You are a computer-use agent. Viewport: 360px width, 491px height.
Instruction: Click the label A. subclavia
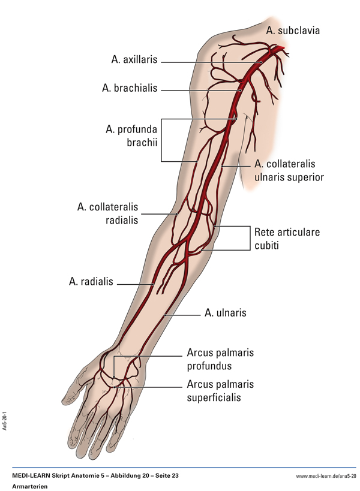click(x=293, y=30)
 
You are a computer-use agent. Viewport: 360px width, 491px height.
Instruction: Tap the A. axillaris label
click(x=134, y=60)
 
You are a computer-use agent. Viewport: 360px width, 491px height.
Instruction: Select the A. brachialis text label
click(x=130, y=88)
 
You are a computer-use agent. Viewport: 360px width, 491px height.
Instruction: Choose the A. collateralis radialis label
click(x=107, y=213)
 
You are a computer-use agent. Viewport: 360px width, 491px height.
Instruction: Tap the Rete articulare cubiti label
click(x=287, y=238)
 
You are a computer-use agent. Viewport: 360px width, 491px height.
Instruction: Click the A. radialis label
click(x=91, y=282)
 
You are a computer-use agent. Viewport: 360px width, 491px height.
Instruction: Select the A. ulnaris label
click(x=225, y=312)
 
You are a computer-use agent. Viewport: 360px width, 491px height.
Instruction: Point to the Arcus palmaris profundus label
click(x=220, y=359)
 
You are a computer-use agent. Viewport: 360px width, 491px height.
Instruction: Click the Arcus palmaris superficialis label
click(x=220, y=390)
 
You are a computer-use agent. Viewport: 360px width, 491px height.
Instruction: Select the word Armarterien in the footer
click(x=29, y=486)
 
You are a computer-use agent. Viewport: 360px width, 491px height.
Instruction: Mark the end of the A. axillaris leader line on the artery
click(x=262, y=61)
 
